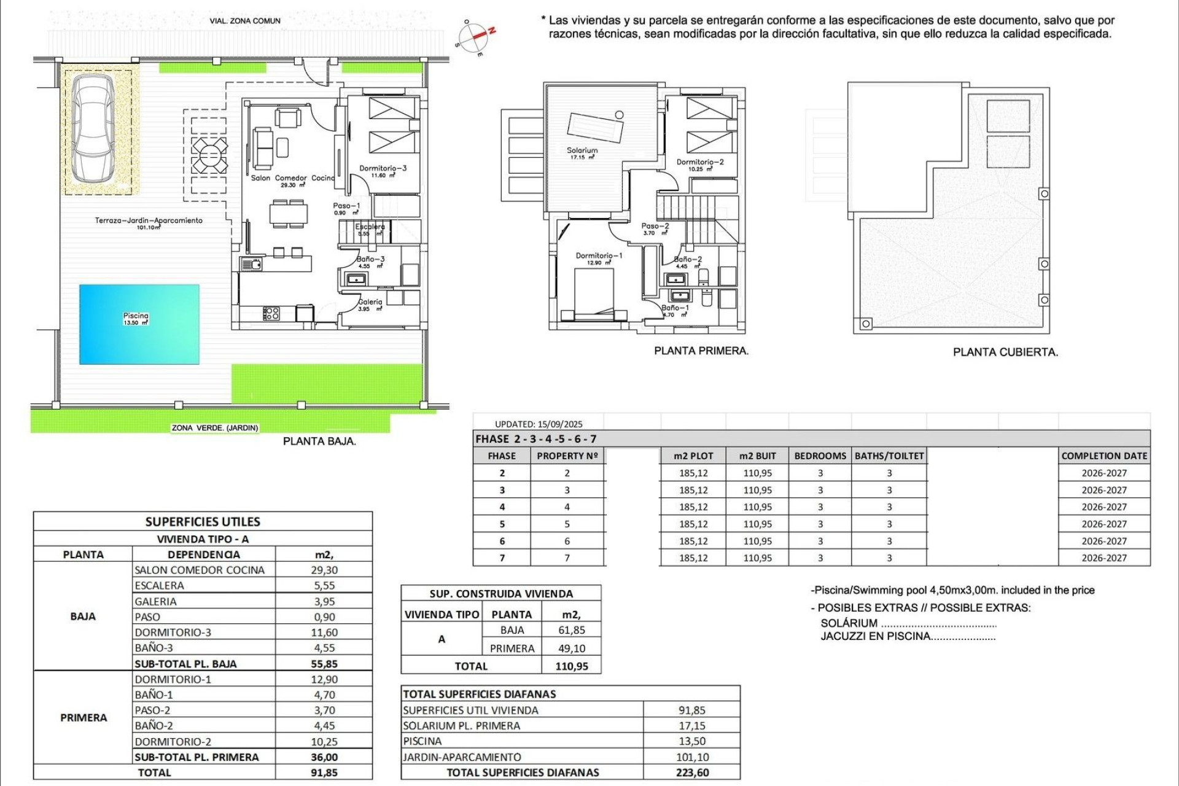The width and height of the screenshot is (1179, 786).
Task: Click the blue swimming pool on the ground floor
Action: click(x=139, y=324)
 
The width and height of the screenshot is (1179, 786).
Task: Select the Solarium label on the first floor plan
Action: click(x=582, y=150)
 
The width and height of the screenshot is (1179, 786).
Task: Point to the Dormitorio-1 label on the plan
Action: click(x=599, y=255)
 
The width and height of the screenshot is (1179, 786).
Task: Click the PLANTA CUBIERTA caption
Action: click(x=1005, y=352)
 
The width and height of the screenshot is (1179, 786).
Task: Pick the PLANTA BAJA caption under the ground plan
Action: click(x=319, y=441)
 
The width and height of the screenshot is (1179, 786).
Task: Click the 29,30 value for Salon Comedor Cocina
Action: click(x=324, y=570)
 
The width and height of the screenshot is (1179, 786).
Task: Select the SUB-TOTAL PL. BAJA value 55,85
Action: click(x=324, y=664)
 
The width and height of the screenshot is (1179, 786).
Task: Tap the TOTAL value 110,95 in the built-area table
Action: click(x=571, y=666)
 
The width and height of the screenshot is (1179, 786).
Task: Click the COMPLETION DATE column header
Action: click(x=1104, y=456)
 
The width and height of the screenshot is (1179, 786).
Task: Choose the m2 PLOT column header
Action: click(x=693, y=456)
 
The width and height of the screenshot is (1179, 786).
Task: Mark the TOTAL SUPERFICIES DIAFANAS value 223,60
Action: click(x=692, y=772)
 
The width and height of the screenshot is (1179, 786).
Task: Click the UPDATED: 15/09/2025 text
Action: click(x=539, y=424)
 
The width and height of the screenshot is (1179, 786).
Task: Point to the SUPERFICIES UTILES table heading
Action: click(x=203, y=522)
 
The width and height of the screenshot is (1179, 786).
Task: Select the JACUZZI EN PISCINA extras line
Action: click(x=908, y=636)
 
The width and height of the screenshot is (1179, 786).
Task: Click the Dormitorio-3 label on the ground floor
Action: click(x=383, y=168)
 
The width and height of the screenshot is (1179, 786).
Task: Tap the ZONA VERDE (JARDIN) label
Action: click(x=215, y=428)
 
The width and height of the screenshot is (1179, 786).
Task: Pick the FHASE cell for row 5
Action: click(x=502, y=524)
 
